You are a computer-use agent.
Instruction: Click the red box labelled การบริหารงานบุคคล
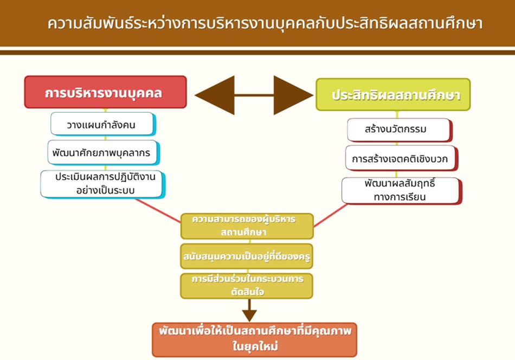tap(105, 92)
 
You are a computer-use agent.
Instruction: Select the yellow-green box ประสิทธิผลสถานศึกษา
tap(393, 94)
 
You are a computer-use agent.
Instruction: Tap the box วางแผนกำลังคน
tap(103, 124)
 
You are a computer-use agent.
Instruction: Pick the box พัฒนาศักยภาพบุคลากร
tap(104, 153)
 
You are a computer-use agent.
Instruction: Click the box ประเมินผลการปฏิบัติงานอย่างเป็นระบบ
tap(102, 184)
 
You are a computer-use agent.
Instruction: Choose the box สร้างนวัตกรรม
tap(400, 130)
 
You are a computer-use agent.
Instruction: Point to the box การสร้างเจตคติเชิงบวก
tap(401, 159)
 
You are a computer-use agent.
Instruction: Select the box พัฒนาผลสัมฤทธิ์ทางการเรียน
tap(402, 191)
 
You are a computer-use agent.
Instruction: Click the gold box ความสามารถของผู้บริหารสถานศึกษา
tap(247, 226)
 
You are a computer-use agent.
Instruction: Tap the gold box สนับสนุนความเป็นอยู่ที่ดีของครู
tap(247, 256)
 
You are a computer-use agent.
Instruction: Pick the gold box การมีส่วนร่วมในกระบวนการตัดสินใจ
tap(247, 286)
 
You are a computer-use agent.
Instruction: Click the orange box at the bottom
tap(255, 339)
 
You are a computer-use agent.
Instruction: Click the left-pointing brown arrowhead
tap(215, 95)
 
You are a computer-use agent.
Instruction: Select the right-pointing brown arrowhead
tap(293, 95)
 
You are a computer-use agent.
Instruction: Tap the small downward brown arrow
tap(249, 311)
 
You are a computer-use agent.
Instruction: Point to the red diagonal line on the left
tap(158, 210)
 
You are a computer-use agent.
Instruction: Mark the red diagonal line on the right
tap(331, 215)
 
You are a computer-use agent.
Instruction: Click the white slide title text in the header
tap(265, 23)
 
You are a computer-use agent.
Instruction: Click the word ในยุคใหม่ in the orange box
tap(255, 346)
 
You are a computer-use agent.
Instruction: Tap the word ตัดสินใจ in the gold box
tap(247, 292)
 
